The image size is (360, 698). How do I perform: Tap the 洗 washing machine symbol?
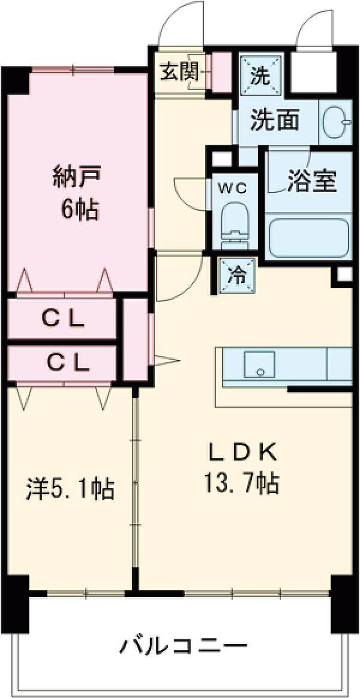261,76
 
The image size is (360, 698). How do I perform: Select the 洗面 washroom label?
275,120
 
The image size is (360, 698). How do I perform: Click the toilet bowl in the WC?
236,224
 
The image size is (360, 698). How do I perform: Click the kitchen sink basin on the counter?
259,364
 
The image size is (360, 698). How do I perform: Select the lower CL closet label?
67,362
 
